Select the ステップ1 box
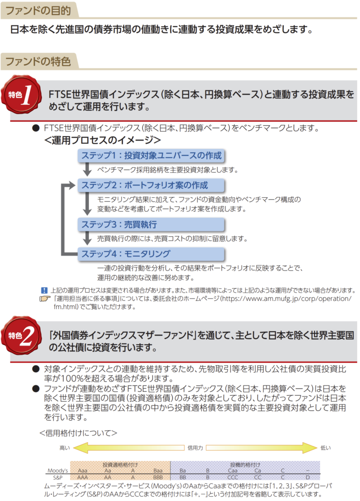coord(151,156)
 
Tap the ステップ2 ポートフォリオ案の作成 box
coord(151,185)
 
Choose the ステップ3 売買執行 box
coord(151,225)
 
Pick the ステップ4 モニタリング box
coord(151,254)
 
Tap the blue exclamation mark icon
coord(44,290)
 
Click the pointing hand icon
coord(45,298)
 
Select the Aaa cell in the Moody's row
coord(83,470)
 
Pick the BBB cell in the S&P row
coord(157,477)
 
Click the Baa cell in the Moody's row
coord(157,470)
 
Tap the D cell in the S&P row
coord(307,477)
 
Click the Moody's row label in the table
coord(58,470)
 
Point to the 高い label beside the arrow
coord(65,448)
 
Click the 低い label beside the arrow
coord(326,448)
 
